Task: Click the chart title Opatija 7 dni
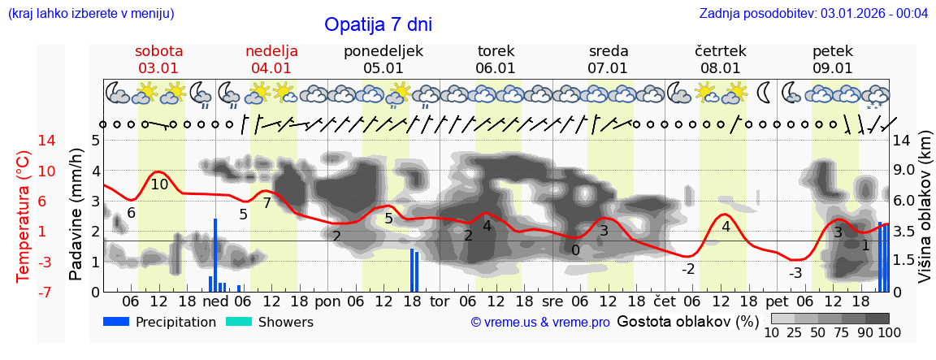click(378, 24)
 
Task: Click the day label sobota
click(158, 51)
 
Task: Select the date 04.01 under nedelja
click(271, 68)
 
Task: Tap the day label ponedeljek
click(383, 51)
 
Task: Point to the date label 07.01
click(608, 68)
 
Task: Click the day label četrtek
click(721, 51)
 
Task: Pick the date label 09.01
click(833, 68)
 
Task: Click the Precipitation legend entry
click(175, 322)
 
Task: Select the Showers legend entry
click(285, 322)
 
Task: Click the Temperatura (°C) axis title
click(24, 215)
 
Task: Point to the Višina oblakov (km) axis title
click(925, 215)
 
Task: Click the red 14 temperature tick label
click(24, 141)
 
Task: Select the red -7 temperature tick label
click(24, 292)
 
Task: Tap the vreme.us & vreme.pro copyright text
click(540, 323)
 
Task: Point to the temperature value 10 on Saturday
click(159, 184)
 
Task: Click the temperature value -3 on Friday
click(795, 272)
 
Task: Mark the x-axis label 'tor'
click(440, 301)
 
